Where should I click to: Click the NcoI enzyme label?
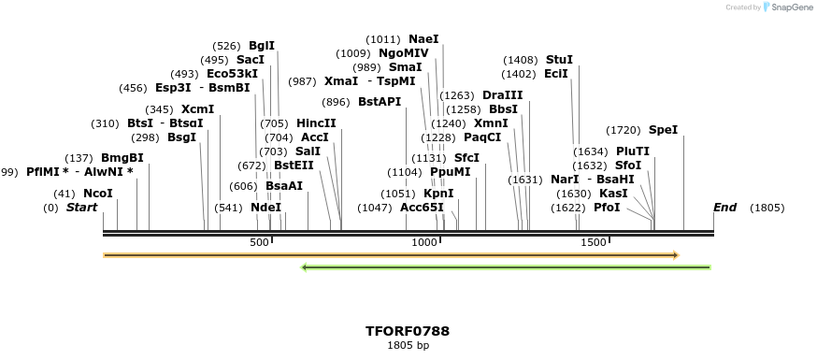(x=98, y=194)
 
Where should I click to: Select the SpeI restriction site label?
(x=663, y=130)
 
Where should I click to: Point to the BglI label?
(x=262, y=45)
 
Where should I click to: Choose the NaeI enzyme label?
(x=423, y=39)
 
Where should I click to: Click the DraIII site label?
(x=503, y=95)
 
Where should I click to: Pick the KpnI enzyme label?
(x=438, y=194)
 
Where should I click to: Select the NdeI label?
(x=268, y=208)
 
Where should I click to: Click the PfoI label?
(x=607, y=208)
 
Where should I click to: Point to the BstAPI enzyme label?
(x=379, y=102)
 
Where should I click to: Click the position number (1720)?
(x=623, y=130)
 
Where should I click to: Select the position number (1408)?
(x=520, y=60)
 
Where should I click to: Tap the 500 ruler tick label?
(x=259, y=242)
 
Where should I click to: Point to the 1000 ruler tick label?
(x=425, y=242)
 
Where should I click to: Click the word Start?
(x=81, y=208)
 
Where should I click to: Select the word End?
(x=724, y=208)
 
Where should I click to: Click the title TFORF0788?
(x=408, y=331)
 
